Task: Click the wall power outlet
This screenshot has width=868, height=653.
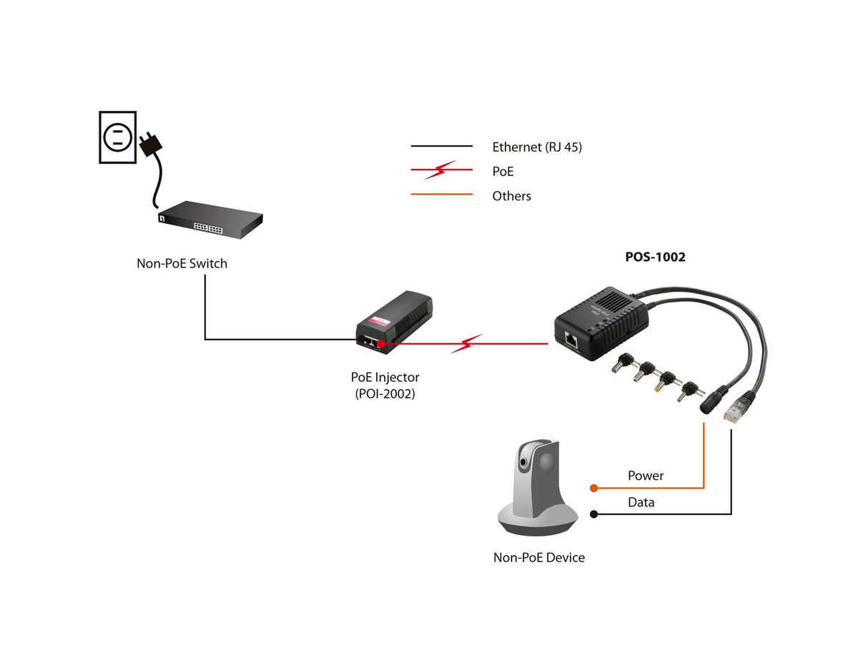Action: click(x=117, y=137)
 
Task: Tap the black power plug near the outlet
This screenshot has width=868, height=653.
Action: click(x=151, y=143)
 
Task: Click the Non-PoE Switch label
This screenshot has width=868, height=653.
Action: click(x=182, y=263)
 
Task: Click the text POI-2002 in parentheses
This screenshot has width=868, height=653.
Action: click(x=385, y=393)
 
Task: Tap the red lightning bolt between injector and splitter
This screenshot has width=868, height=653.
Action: click(x=466, y=344)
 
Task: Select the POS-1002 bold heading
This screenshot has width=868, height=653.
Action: click(x=655, y=257)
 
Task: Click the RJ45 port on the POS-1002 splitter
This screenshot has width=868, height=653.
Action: click(x=572, y=339)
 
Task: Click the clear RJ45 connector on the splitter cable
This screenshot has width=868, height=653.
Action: click(x=734, y=413)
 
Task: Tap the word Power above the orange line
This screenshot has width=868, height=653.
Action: click(x=646, y=476)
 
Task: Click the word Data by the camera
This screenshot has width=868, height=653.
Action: click(x=641, y=502)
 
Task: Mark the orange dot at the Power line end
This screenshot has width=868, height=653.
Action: click(x=593, y=488)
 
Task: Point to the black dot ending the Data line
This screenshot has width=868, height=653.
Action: click(x=593, y=514)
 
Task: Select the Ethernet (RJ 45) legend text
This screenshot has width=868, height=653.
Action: click(x=537, y=147)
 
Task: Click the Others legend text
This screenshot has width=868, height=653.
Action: click(x=511, y=196)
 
